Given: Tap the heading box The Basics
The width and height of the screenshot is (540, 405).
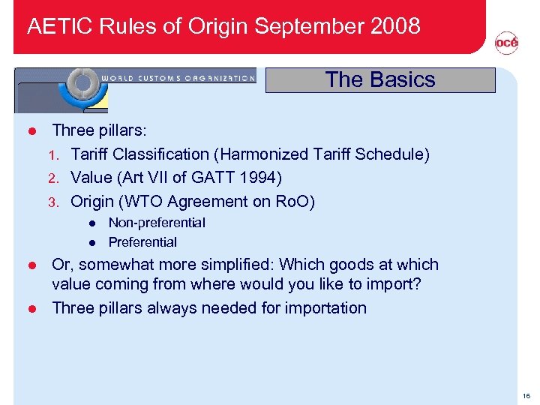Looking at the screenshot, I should (x=380, y=80).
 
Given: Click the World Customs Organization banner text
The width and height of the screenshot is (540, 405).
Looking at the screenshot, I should (x=178, y=77).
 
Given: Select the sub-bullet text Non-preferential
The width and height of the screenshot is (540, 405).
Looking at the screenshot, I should (x=157, y=223).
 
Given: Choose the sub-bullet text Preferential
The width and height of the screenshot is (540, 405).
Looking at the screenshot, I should (x=142, y=242).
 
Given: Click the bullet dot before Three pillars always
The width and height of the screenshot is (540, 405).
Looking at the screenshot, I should (x=32, y=309).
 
